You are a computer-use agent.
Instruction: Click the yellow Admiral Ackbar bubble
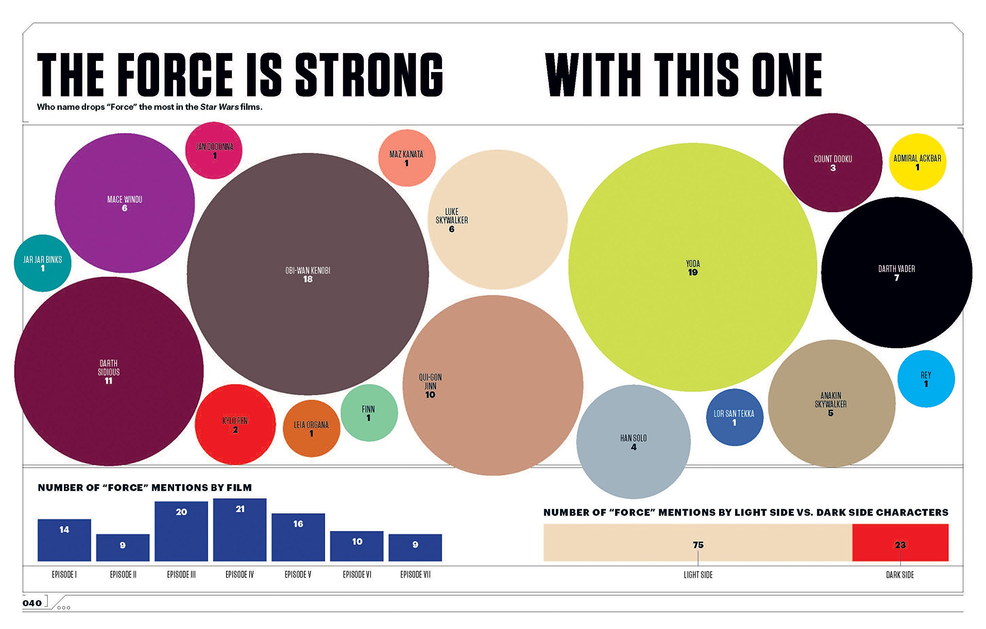917,162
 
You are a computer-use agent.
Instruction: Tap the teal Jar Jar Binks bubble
43,263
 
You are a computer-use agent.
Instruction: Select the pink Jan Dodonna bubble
214,150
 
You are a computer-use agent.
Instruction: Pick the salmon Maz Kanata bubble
407,158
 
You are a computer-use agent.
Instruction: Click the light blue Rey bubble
926,379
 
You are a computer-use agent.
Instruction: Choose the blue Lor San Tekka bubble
734,417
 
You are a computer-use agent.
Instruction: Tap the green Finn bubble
369,413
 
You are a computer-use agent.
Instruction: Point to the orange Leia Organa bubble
311,428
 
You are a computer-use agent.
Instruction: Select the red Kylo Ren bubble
235,424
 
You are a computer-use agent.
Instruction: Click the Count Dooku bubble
832,163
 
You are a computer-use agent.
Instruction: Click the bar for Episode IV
240,530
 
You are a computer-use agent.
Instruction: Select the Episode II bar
123,547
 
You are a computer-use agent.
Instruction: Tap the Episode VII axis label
415,575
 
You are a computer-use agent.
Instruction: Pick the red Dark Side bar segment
900,543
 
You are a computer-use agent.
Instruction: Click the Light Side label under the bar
698,575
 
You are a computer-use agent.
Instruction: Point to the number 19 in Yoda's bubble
693,273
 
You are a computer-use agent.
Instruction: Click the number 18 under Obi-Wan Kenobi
307,279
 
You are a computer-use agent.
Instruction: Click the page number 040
32,603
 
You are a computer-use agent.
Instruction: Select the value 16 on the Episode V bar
298,524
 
